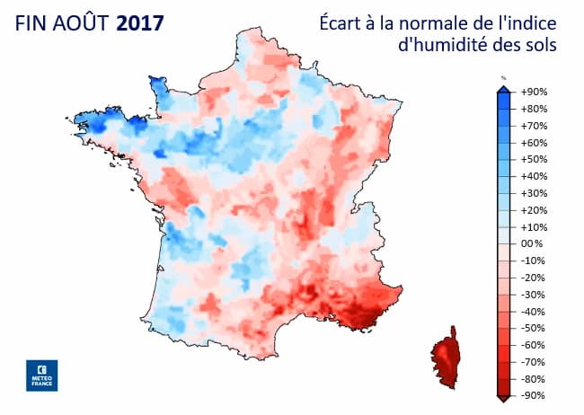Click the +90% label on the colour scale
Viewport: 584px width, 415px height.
click(x=535, y=92)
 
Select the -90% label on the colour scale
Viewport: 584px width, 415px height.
click(x=535, y=395)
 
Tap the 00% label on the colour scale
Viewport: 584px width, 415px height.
click(x=533, y=243)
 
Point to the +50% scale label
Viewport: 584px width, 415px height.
click(x=535, y=159)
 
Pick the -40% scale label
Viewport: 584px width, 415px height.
click(x=535, y=311)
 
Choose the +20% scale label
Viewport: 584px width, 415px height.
click(x=535, y=209)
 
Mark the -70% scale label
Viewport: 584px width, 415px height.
click(x=535, y=361)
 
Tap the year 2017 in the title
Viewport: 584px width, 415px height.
click(x=140, y=22)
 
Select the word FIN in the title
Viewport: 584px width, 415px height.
click(x=32, y=22)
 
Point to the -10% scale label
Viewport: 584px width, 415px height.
click(x=535, y=260)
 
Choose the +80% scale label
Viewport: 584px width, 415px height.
click(x=535, y=109)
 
